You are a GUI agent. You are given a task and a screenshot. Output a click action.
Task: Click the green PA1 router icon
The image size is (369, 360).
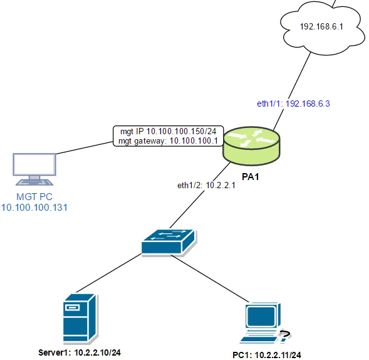pyautogui.click(x=251, y=146)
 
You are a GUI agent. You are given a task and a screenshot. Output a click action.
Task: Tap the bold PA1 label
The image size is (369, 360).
pyautogui.click(x=251, y=177)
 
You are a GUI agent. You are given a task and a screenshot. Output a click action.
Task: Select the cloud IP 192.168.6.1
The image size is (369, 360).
pyautogui.click(x=321, y=26)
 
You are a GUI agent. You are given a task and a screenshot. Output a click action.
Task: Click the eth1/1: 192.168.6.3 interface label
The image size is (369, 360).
pyautogui.click(x=293, y=103)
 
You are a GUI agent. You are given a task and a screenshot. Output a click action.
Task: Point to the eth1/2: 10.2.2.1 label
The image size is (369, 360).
pyautogui.click(x=206, y=186)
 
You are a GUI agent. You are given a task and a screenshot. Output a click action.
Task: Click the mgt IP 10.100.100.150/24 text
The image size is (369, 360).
pyautogui.click(x=169, y=131)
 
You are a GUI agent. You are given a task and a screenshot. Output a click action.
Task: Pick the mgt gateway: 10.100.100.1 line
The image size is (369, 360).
pyautogui.click(x=168, y=141)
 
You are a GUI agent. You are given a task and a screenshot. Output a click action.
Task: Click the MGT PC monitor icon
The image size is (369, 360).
pyautogui.click(x=34, y=169)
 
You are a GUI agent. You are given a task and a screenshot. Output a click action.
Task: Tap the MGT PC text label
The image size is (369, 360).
pyautogui.click(x=34, y=197)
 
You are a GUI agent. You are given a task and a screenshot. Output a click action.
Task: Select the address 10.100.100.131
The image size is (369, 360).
pyautogui.click(x=34, y=208)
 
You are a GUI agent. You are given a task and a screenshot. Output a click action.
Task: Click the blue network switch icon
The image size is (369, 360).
pyautogui.click(x=169, y=243)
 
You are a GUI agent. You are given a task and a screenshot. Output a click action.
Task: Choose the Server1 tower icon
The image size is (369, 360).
pyautogui.click(x=80, y=318)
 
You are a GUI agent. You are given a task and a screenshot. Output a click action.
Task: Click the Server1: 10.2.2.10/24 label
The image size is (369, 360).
pyautogui.click(x=80, y=352)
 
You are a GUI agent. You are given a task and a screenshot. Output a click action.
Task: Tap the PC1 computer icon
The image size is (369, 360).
pyautogui.click(x=265, y=323)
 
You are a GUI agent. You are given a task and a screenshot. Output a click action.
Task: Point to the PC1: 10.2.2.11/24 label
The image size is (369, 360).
pyautogui.click(x=267, y=355)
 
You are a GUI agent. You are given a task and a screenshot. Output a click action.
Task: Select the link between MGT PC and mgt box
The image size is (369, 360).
pyautogui.click(x=85, y=148)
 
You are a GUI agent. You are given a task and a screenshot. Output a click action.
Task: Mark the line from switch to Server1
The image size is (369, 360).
pyautogui.click(x=108, y=273)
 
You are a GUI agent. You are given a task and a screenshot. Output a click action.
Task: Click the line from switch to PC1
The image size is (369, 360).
pyautogui.click(x=209, y=278)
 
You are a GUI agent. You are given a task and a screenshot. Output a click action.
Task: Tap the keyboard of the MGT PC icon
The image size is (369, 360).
pyautogui.click(x=34, y=183)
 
